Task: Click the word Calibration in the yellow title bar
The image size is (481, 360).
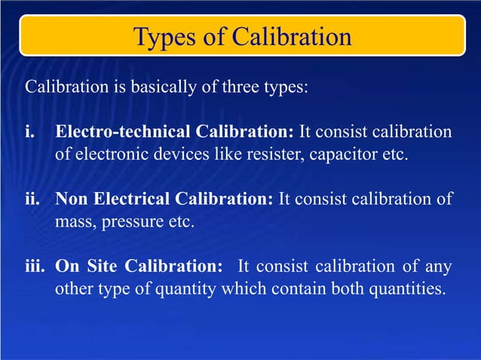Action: [x=292, y=37]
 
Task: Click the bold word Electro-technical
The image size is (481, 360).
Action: [x=115, y=133]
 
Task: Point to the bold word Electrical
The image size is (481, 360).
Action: [x=125, y=200]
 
